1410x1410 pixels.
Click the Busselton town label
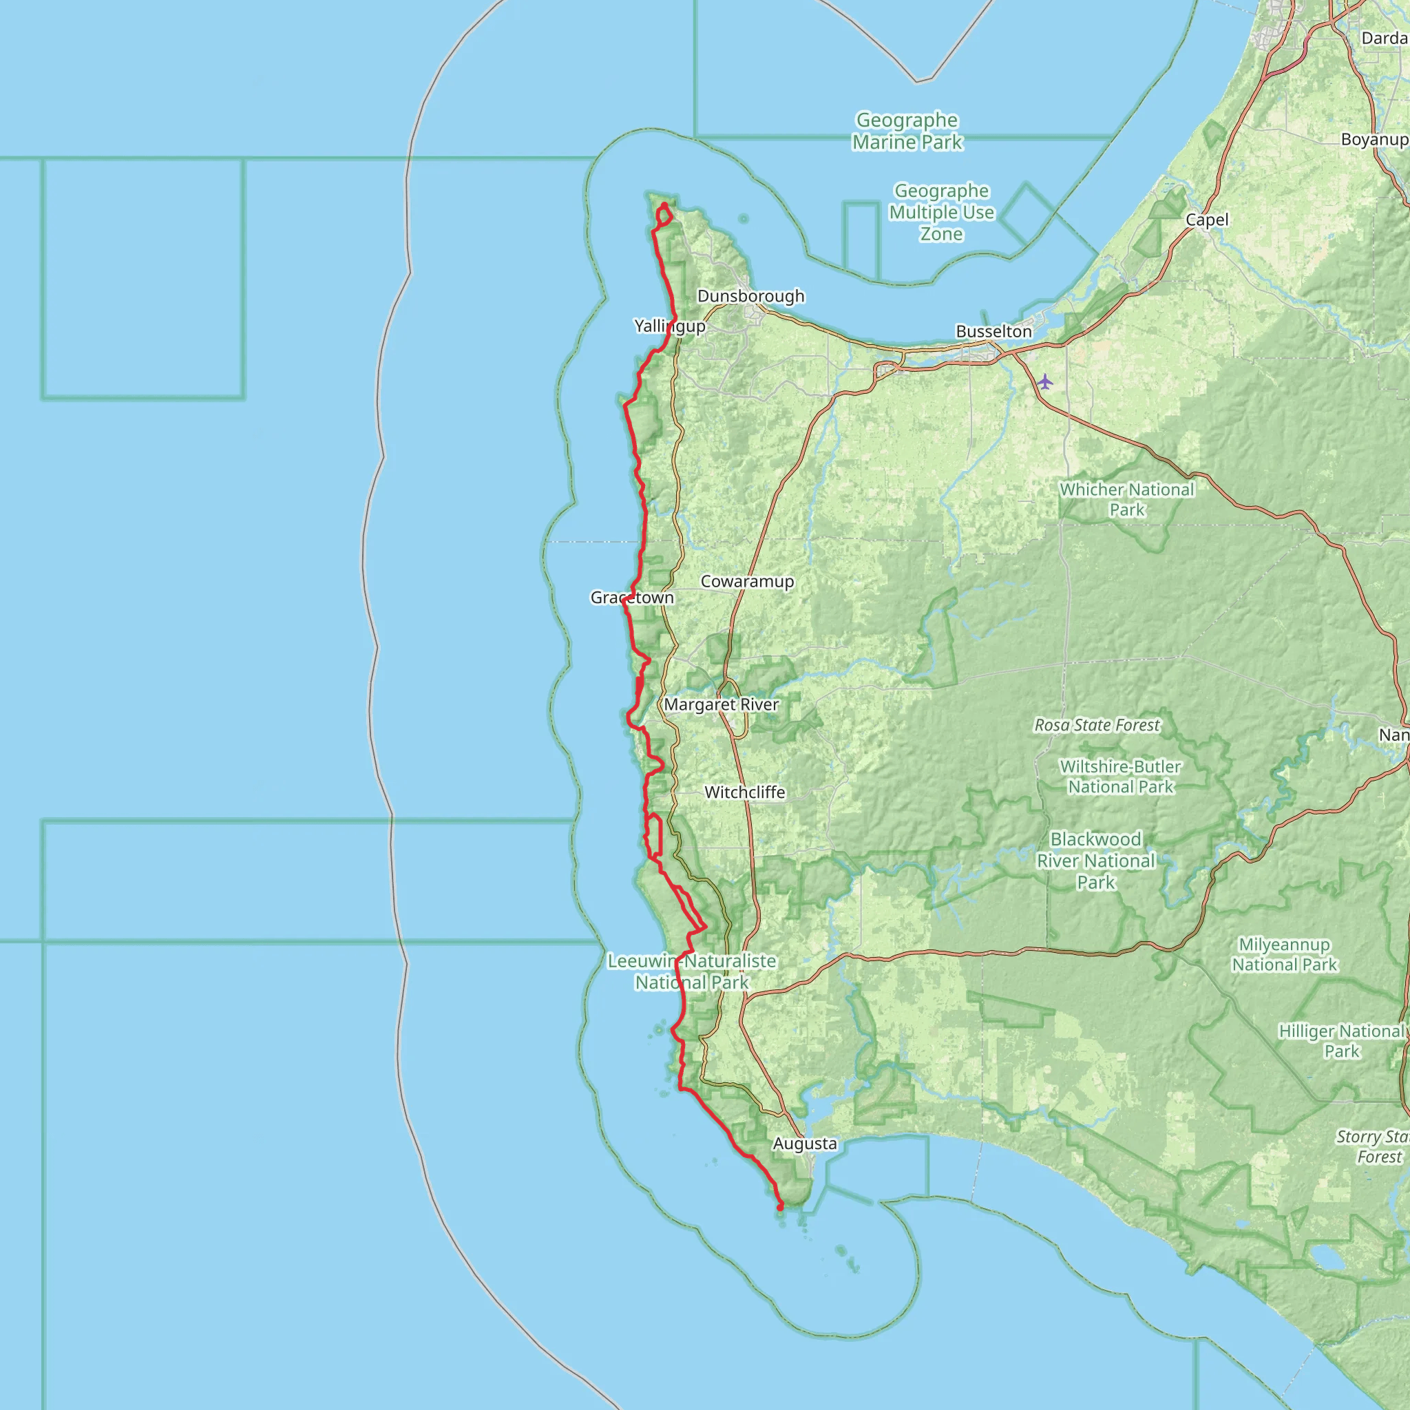click(x=993, y=331)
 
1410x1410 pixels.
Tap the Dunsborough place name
click(x=750, y=295)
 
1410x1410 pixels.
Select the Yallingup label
click(x=669, y=326)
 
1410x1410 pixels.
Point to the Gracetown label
click(x=632, y=597)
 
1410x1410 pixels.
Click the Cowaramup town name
click(x=746, y=581)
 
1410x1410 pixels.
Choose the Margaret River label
click(x=721, y=704)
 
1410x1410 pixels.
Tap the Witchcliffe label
click(x=744, y=792)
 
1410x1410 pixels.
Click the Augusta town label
click(x=804, y=1143)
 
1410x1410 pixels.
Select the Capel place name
click(x=1207, y=220)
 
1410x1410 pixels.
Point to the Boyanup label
click(x=1374, y=139)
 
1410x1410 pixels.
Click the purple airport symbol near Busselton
click(x=1045, y=381)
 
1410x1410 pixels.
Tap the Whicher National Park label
click(x=1126, y=499)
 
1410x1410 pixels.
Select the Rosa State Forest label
click(x=1096, y=725)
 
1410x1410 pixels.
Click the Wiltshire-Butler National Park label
click(x=1120, y=777)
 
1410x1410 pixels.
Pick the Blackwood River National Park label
click(x=1095, y=861)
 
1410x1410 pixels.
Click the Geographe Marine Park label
click(x=907, y=131)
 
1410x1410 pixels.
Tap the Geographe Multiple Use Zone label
click(x=941, y=212)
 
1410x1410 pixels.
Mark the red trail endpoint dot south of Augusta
click(x=780, y=1208)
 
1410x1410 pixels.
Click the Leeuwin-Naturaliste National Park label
click(x=691, y=971)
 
